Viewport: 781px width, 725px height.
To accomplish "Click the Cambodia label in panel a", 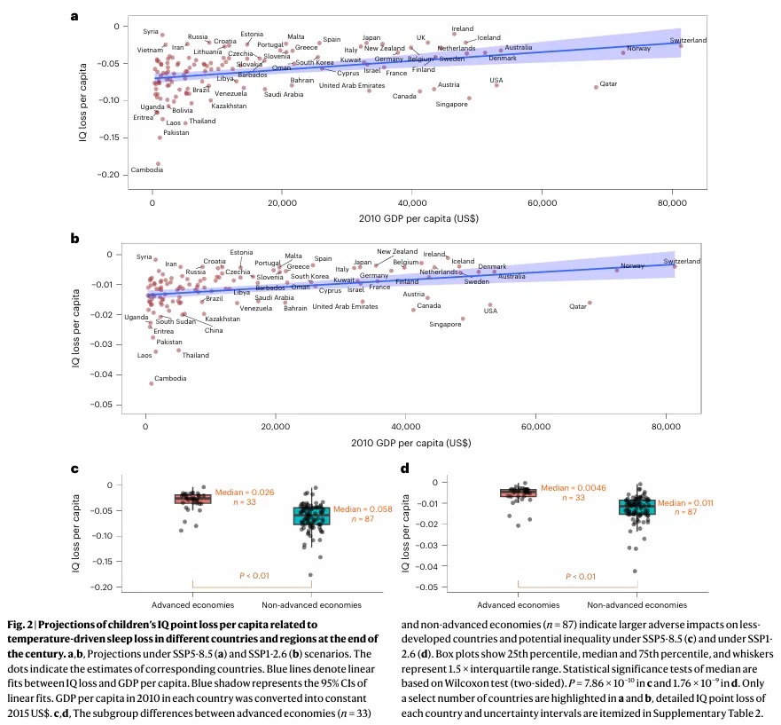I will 146,169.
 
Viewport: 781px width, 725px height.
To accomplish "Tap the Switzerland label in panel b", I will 682,261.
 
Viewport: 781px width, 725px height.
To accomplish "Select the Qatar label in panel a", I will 608,84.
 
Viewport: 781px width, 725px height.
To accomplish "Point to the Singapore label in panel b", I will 445,324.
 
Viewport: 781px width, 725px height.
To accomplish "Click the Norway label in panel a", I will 638,48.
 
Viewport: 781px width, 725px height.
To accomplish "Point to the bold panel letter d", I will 405,469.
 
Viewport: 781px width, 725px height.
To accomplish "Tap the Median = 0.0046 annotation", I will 568,488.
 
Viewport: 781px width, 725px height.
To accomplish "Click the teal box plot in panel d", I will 637,507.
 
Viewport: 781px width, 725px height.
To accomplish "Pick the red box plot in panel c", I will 192,499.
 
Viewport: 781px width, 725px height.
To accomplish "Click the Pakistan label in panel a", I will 176,133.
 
